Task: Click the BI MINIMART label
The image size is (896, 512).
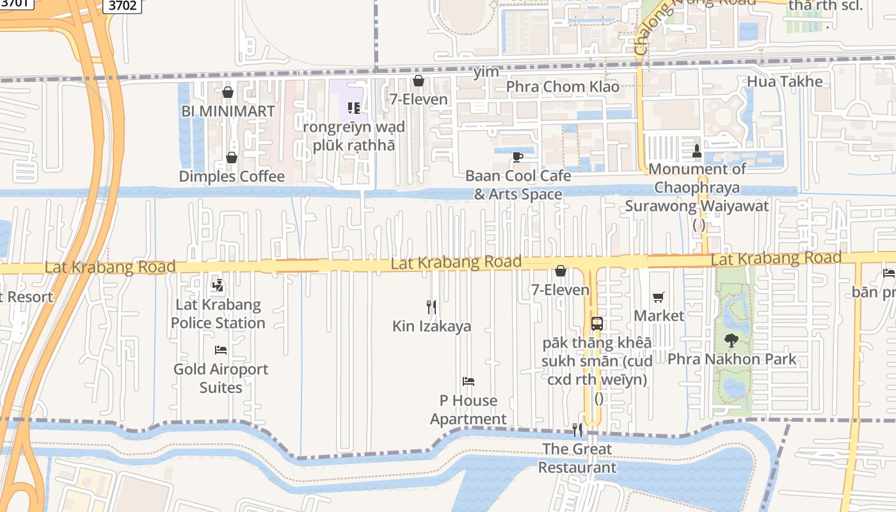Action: coord(228,111)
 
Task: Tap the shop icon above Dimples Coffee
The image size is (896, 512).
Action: coord(232,157)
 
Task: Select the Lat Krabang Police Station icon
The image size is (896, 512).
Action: coord(218,285)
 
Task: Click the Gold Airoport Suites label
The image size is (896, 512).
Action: coord(221,378)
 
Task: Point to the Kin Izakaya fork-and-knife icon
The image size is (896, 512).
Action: coord(431,307)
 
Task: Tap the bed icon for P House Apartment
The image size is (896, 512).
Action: coord(468,381)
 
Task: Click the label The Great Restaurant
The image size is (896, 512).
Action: coord(577,458)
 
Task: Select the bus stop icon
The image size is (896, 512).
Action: coord(596,324)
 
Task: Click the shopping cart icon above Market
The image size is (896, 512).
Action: coord(659,297)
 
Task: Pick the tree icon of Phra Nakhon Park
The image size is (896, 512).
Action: coord(731,340)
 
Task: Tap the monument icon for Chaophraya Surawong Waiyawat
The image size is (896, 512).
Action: coord(698,151)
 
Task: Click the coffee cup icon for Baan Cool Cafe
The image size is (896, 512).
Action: coord(518,157)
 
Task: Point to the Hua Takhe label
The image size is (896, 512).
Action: coord(785,82)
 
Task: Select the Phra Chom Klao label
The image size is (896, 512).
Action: coord(563,86)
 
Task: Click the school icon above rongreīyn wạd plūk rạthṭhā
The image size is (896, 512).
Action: coord(353,108)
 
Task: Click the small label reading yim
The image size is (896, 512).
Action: coord(486,72)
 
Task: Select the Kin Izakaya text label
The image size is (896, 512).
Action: coord(431,326)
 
